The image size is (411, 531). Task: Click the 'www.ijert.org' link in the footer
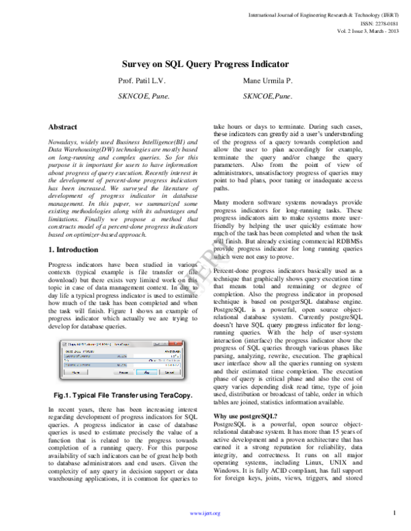205,513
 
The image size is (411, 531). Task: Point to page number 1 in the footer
395,513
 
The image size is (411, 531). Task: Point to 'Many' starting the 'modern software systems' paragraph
222,203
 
